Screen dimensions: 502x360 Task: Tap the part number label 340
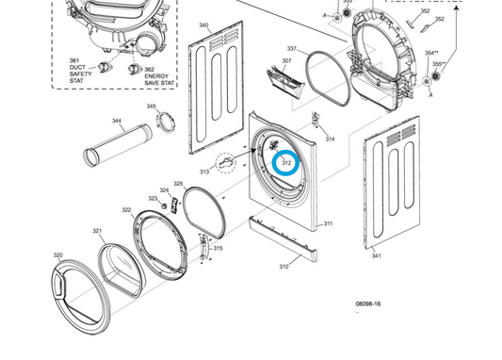tap(203, 25)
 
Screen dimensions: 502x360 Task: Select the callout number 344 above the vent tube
tap(117, 121)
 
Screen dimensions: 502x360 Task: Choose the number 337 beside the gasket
tap(292, 48)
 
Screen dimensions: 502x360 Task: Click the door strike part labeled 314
tap(316, 120)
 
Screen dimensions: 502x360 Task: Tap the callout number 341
tap(377, 255)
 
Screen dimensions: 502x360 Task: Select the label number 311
tap(328, 223)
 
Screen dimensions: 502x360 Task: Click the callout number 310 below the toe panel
tap(283, 267)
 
